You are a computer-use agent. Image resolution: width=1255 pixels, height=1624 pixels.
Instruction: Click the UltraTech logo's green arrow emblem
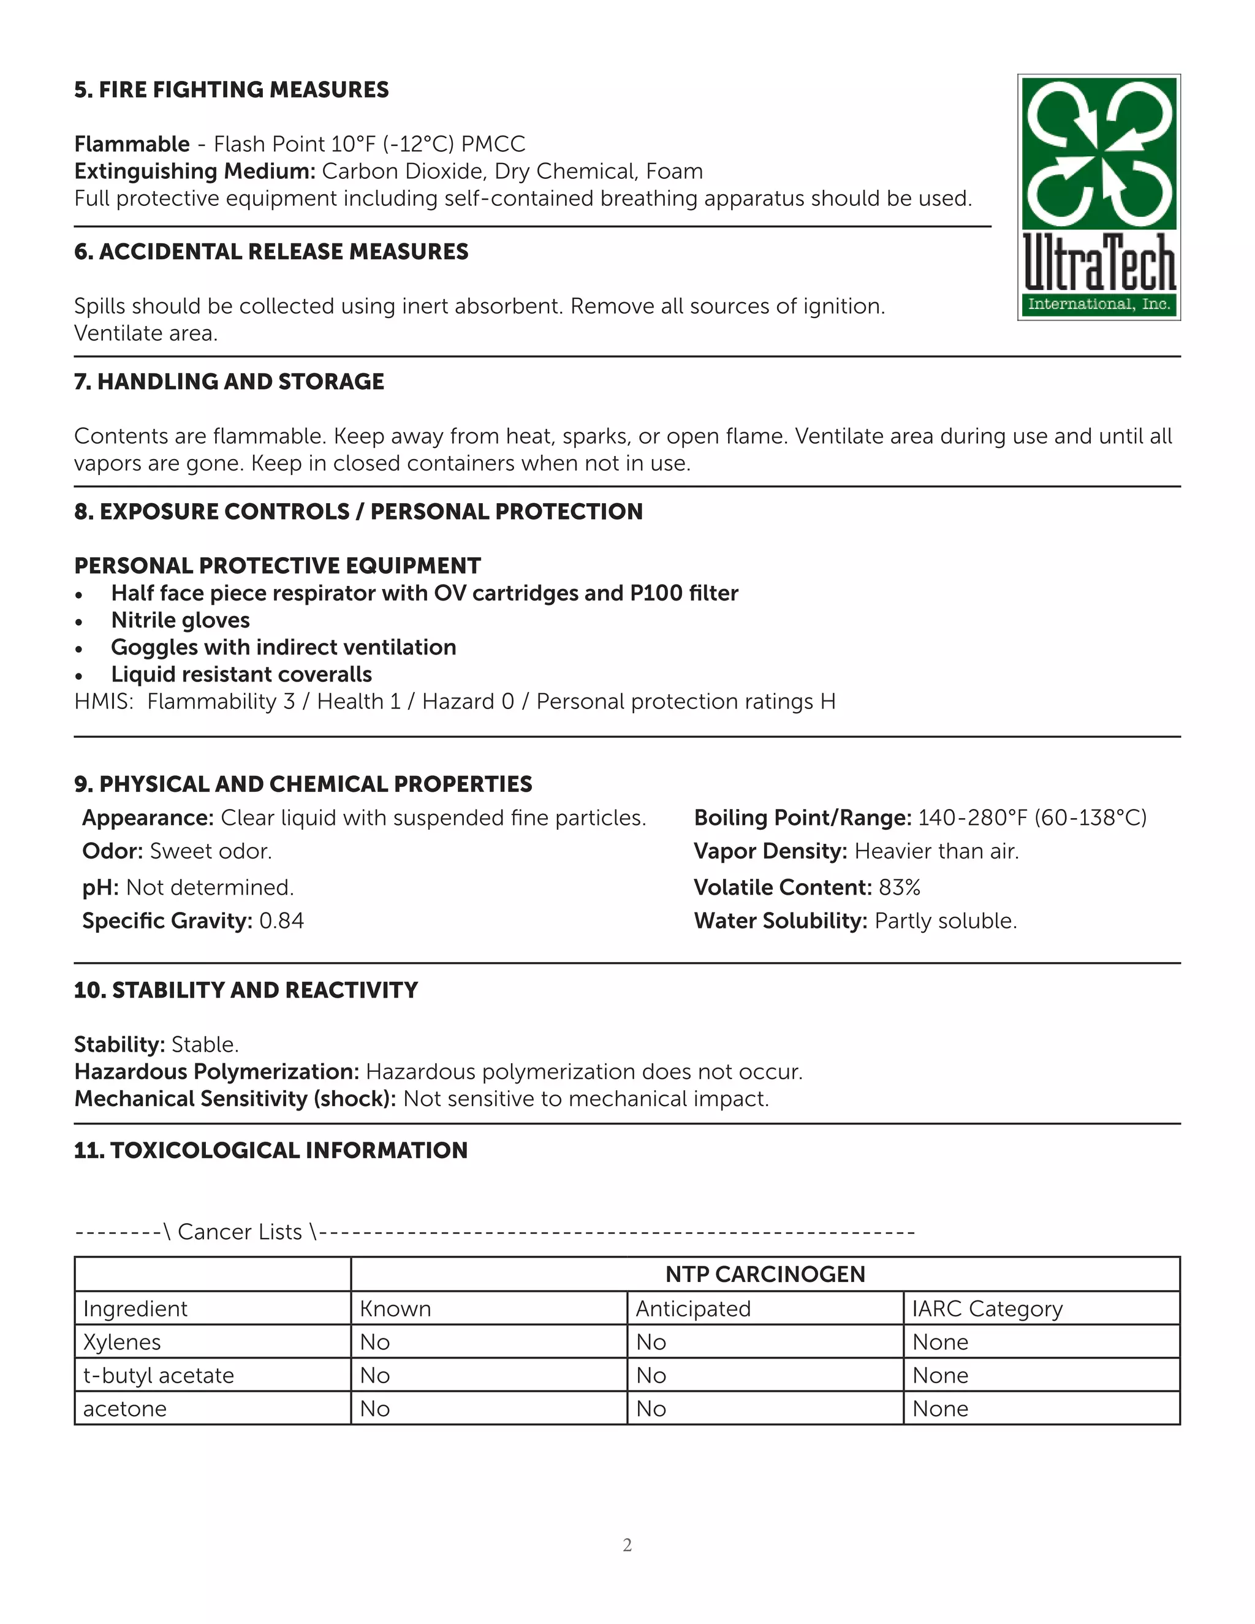[1098, 153]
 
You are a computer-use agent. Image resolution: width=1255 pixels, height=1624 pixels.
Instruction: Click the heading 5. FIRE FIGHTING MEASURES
[231, 90]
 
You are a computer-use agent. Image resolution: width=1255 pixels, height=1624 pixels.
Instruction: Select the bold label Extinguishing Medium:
[195, 172]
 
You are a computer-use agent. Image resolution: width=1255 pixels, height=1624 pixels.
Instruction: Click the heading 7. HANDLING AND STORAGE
[229, 381]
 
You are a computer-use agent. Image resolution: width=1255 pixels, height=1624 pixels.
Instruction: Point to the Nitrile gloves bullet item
[180, 620]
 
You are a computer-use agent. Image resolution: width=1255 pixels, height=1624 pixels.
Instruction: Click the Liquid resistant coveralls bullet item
[241, 675]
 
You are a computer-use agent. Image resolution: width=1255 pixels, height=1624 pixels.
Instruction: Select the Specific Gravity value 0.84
[281, 921]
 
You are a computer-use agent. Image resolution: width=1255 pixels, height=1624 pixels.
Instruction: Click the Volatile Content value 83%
[900, 888]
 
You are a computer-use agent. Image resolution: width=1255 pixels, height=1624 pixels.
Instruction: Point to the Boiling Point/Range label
[802, 818]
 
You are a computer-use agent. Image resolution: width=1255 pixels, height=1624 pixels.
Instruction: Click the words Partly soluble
[945, 921]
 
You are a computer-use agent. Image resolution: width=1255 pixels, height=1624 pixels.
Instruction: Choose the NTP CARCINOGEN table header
[765, 1275]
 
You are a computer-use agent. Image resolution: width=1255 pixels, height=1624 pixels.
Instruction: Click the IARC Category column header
[987, 1309]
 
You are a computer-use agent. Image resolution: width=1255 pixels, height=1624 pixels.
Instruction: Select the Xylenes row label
[122, 1342]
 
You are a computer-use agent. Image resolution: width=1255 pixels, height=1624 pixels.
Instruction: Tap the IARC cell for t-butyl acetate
[941, 1376]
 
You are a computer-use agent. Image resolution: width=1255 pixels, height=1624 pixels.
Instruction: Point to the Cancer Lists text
[240, 1232]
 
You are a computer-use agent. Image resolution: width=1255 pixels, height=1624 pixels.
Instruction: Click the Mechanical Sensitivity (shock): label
[235, 1099]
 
